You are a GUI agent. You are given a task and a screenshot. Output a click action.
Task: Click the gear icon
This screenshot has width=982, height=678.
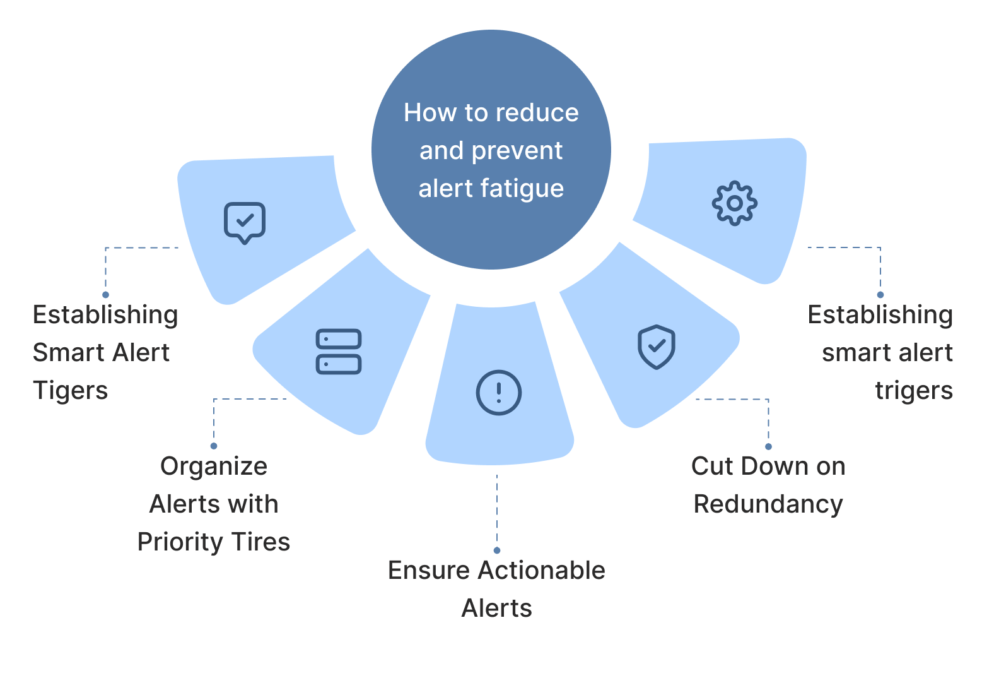click(734, 203)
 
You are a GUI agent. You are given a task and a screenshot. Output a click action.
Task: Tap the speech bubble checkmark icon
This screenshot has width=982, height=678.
click(245, 222)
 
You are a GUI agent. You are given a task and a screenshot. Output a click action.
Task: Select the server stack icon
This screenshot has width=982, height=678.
click(339, 352)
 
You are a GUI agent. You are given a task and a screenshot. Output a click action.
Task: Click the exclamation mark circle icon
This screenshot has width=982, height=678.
click(498, 392)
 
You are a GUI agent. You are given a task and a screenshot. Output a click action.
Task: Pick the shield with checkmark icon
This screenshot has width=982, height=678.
click(657, 347)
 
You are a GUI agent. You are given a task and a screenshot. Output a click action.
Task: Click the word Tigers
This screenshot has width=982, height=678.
click(70, 390)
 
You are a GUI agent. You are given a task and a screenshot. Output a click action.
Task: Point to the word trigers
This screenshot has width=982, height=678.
click(914, 390)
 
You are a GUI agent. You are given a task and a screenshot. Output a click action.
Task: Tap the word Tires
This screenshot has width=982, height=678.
click(261, 542)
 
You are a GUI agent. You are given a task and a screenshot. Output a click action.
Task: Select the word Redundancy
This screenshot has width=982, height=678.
click(768, 504)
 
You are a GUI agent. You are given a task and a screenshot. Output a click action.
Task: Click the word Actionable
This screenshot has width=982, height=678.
click(541, 570)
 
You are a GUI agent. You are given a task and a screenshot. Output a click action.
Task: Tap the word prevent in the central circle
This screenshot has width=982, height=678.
click(517, 152)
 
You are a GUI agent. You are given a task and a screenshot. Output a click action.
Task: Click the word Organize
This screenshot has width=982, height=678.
click(214, 467)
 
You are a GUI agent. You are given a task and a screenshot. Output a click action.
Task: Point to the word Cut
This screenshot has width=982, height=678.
click(712, 466)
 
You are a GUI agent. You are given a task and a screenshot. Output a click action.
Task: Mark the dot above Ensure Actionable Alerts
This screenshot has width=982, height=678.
click(497, 550)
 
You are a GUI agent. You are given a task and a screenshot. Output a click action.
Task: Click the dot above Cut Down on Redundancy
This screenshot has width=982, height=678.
click(768, 446)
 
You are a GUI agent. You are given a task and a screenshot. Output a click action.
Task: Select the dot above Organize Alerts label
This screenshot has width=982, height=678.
click(214, 446)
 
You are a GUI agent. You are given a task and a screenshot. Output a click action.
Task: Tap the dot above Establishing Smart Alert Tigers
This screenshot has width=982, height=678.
click(106, 294)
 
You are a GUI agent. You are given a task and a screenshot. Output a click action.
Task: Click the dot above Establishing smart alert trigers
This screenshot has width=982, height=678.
click(880, 294)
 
